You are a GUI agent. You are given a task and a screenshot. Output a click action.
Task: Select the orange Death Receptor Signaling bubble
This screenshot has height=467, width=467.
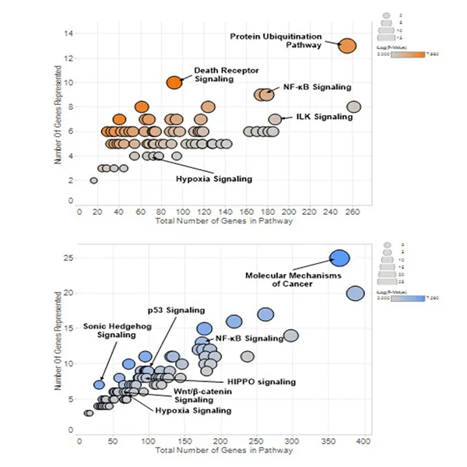pos(175,82)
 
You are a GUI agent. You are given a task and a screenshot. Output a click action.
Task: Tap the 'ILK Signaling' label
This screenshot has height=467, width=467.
pos(324,117)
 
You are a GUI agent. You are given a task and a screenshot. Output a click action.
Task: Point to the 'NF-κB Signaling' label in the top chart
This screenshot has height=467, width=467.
pos(317,86)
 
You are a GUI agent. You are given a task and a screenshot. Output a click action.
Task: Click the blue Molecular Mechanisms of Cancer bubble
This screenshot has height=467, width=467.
pos(339,258)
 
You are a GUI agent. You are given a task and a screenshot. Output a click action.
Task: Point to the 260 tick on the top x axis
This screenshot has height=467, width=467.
pos(353,210)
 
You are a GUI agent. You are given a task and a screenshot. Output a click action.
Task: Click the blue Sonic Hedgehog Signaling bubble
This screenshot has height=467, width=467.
pos(99,384)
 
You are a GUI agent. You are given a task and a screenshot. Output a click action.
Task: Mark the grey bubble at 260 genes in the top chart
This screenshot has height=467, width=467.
pos(353,107)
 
